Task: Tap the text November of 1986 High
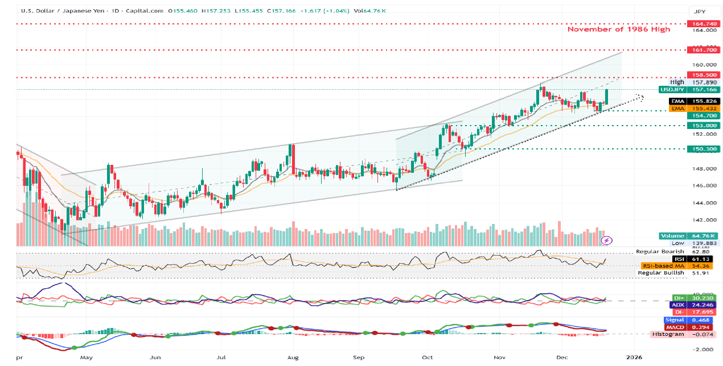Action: pyautogui.click(x=619, y=29)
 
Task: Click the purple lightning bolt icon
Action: pyautogui.click(x=607, y=240)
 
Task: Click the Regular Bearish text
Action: pyautogui.click(x=660, y=252)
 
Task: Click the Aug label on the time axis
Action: pyautogui.click(x=293, y=358)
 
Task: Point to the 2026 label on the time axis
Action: pyautogui.click(x=633, y=358)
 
